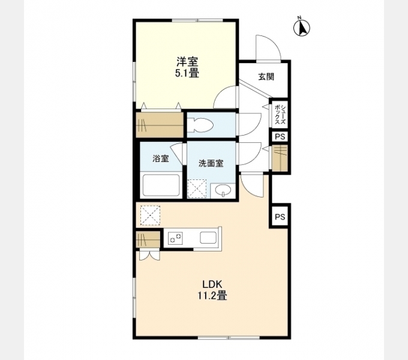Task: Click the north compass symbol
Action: click(302, 27)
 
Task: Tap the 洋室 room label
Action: click(187, 62)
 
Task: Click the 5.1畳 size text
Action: click(187, 73)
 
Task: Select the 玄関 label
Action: click(266, 77)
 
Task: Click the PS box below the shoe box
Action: click(280, 137)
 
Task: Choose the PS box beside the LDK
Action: click(280, 217)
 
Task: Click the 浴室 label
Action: click(161, 158)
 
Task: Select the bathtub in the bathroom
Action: click(161, 185)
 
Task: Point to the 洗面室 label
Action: click(211, 163)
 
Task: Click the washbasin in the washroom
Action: click(223, 190)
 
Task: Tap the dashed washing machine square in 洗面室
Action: click(197, 188)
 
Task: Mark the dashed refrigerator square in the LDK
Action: click(150, 215)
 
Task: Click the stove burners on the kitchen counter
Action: click(175, 238)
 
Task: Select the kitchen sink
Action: click(208, 238)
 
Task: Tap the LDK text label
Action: click(212, 284)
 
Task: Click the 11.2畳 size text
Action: click(212, 296)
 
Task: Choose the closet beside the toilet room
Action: click(160, 124)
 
